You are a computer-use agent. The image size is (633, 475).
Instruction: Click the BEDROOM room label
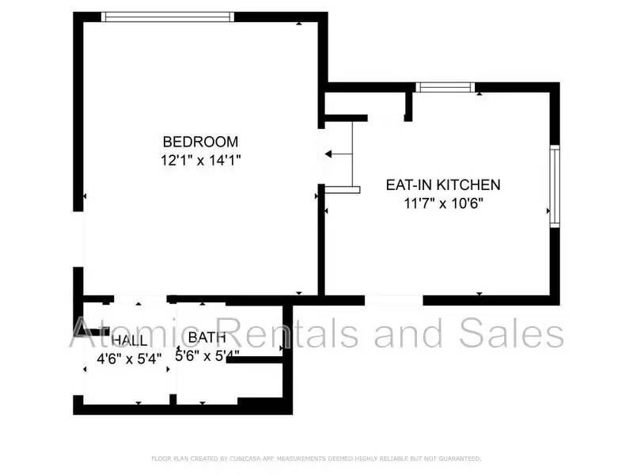click(x=200, y=142)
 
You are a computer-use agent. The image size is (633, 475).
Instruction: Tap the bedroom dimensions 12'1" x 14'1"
click(x=200, y=160)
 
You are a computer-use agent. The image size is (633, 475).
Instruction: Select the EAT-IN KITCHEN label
click(x=443, y=185)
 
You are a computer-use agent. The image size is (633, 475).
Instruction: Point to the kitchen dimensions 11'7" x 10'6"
click(x=443, y=203)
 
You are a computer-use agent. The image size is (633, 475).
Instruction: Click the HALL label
click(x=129, y=340)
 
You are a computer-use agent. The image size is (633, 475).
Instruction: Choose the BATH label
click(x=207, y=338)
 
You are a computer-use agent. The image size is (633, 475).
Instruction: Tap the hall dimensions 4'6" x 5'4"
click(x=129, y=357)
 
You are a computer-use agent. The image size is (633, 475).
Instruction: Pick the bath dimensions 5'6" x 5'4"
click(x=207, y=356)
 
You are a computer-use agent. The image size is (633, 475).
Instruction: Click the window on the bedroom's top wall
click(x=168, y=17)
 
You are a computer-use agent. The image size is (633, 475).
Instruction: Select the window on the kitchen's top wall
click(x=445, y=87)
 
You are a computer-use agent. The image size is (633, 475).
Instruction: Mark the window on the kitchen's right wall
click(x=555, y=186)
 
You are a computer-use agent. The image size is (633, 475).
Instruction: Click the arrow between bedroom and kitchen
click(x=339, y=153)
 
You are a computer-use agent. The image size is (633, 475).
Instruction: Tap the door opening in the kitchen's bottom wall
click(x=393, y=300)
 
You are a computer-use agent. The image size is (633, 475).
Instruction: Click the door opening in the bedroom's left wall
click(x=78, y=239)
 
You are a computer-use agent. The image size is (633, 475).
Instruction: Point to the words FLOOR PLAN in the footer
click(x=170, y=458)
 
